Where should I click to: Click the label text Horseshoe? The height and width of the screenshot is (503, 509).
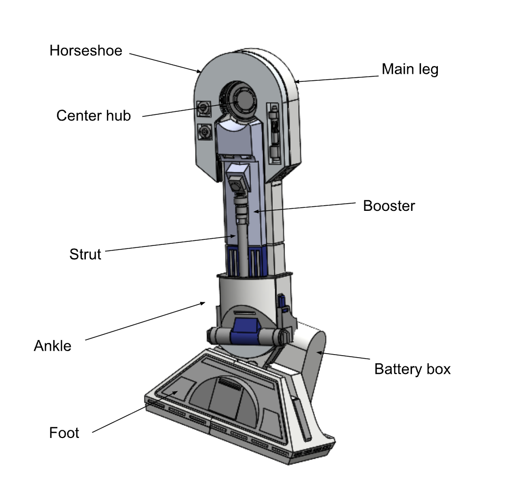(x=86, y=51)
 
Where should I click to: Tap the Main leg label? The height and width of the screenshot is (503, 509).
(x=409, y=69)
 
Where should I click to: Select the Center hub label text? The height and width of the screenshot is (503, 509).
(x=93, y=116)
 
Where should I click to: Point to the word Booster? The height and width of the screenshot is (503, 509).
(x=389, y=206)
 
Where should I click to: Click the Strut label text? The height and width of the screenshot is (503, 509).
(x=85, y=254)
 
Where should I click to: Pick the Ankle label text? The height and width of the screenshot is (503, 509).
(x=52, y=347)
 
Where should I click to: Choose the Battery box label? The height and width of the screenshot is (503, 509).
(x=412, y=369)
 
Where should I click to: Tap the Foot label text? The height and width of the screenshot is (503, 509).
(x=64, y=433)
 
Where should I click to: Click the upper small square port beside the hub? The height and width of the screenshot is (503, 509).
(x=204, y=108)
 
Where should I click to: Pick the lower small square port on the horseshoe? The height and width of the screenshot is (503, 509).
(x=204, y=132)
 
